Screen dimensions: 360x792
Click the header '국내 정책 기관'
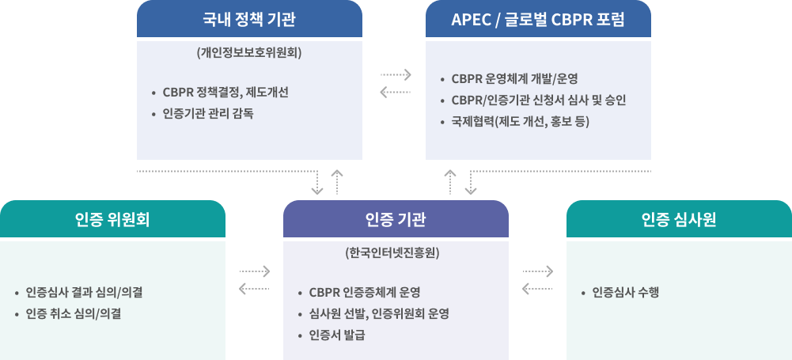point(249,19)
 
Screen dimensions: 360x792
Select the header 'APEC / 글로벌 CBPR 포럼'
point(538,19)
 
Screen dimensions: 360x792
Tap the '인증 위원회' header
point(112,219)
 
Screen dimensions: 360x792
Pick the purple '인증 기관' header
point(396,219)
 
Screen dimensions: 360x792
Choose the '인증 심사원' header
point(679,219)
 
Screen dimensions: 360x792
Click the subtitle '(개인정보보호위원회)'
point(249,54)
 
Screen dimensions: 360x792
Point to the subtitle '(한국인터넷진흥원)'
point(396,254)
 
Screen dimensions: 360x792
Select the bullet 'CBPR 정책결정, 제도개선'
point(225,93)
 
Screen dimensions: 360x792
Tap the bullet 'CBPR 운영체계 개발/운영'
point(514,79)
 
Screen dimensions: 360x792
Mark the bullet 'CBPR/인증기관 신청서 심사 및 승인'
point(539,100)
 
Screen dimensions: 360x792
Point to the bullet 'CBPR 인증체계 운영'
point(364,293)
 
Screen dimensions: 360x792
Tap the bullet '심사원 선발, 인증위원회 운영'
point(379,313)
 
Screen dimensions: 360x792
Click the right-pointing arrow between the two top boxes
point(396,75)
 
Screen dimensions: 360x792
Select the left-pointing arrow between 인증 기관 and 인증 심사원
point(538,290)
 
